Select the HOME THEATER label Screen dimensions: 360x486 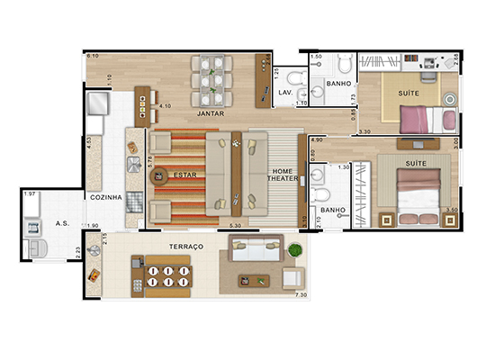pos(282,175)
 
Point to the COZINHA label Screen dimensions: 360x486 pos(105,198)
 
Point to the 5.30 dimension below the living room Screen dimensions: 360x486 pos(237,225)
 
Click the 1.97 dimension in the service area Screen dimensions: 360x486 pos(29,194)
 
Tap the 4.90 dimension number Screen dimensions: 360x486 pos(317,140)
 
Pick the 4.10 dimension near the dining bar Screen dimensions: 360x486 pos(165,106)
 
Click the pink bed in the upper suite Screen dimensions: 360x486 pos(424,117)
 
